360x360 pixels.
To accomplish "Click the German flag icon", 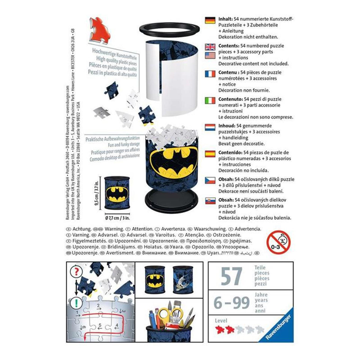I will (210, 20).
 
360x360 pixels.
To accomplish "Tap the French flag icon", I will (210, 74).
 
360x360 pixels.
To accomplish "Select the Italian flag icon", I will (210, 100).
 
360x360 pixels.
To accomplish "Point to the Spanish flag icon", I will (210, 154).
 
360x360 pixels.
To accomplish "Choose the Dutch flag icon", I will (210, 127).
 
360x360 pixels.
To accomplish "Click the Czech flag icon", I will (210, 180).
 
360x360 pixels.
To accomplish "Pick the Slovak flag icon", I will (210, 201).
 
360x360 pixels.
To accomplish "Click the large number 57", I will (232, 276).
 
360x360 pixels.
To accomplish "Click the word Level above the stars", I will (221, 321).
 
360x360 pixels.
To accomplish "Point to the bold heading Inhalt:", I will (225, 19).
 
